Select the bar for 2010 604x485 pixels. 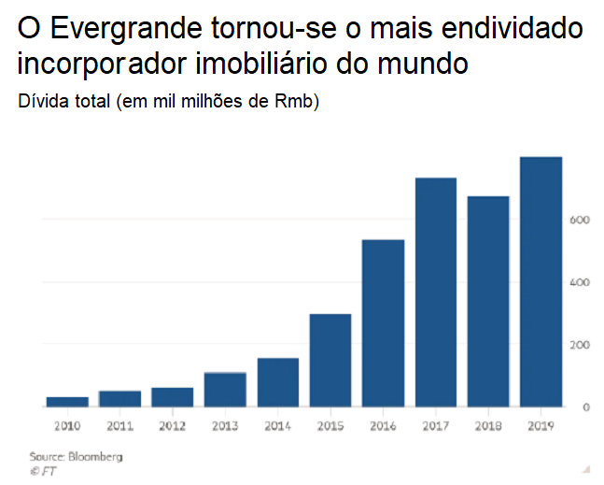(67, 402)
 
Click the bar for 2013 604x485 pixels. (225, 390)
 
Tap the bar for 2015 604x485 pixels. (330, 361)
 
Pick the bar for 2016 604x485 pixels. (383, 323)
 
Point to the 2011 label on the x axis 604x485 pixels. (119, 427)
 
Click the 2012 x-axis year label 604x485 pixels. (173, 427)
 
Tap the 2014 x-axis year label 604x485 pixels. (277, 427)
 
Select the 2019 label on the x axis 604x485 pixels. (541, 427)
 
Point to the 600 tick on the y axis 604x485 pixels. (581, 220)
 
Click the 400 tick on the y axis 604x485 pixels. (581, 282)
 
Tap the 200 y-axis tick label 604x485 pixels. (581, 345)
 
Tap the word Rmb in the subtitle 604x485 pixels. (295, 101)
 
